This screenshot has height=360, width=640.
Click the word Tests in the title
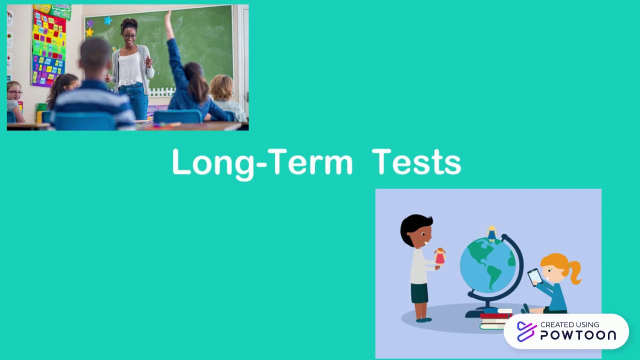tap(416, 162)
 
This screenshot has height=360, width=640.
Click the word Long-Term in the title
tap(262, 162)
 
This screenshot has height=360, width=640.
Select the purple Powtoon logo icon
tap(526, 331)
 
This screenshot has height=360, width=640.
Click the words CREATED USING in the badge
tap(569, 324)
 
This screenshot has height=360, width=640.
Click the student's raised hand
tap(169, 18)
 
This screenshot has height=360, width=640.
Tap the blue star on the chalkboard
tap(107, 20)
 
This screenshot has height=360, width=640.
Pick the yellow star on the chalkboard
tap(89, 32)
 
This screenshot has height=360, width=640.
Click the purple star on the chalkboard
tap(90, 23)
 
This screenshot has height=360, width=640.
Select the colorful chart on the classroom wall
tap(48, 47)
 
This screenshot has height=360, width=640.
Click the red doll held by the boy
tap(440, 256)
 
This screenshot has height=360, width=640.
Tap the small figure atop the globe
tap(492, 233)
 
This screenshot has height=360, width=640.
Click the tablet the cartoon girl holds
tap(534, 276)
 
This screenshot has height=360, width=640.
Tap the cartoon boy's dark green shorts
tap(419, 293)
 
